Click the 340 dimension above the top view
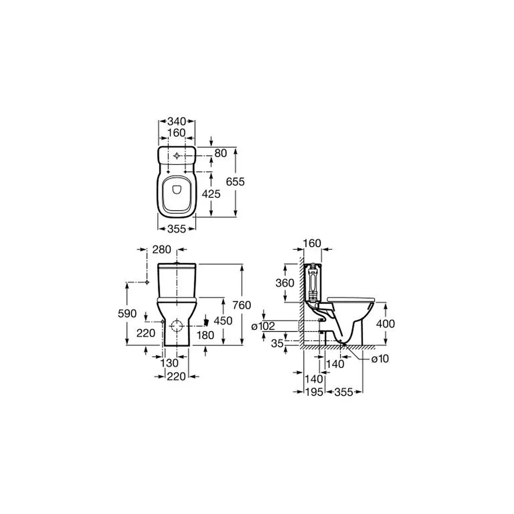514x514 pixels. [x=177, y=121]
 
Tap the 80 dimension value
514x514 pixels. [x=221, y=153]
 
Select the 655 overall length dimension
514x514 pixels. [x=235, y=181]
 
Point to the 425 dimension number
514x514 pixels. [x=211, y=194]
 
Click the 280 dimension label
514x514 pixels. [x=162, y=249]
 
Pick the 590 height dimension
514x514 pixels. [x=127, y=314]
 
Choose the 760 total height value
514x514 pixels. [x=242, y=305]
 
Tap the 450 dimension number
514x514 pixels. [x=223, y=321]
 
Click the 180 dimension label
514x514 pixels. [x=206, y=335]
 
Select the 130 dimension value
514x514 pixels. [x=170, y=363]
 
